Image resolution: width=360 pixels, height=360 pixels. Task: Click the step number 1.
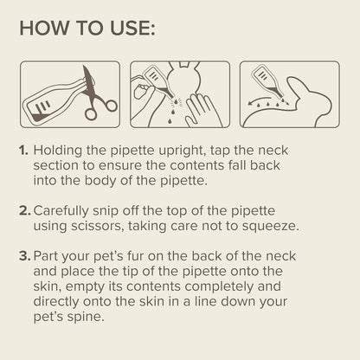pyautogui.click(x=23, y=151)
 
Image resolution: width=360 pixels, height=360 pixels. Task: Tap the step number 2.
pyautogui.click(x=24, y=209)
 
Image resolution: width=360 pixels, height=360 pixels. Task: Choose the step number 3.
pyautogui.click(x=24, y=256)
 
